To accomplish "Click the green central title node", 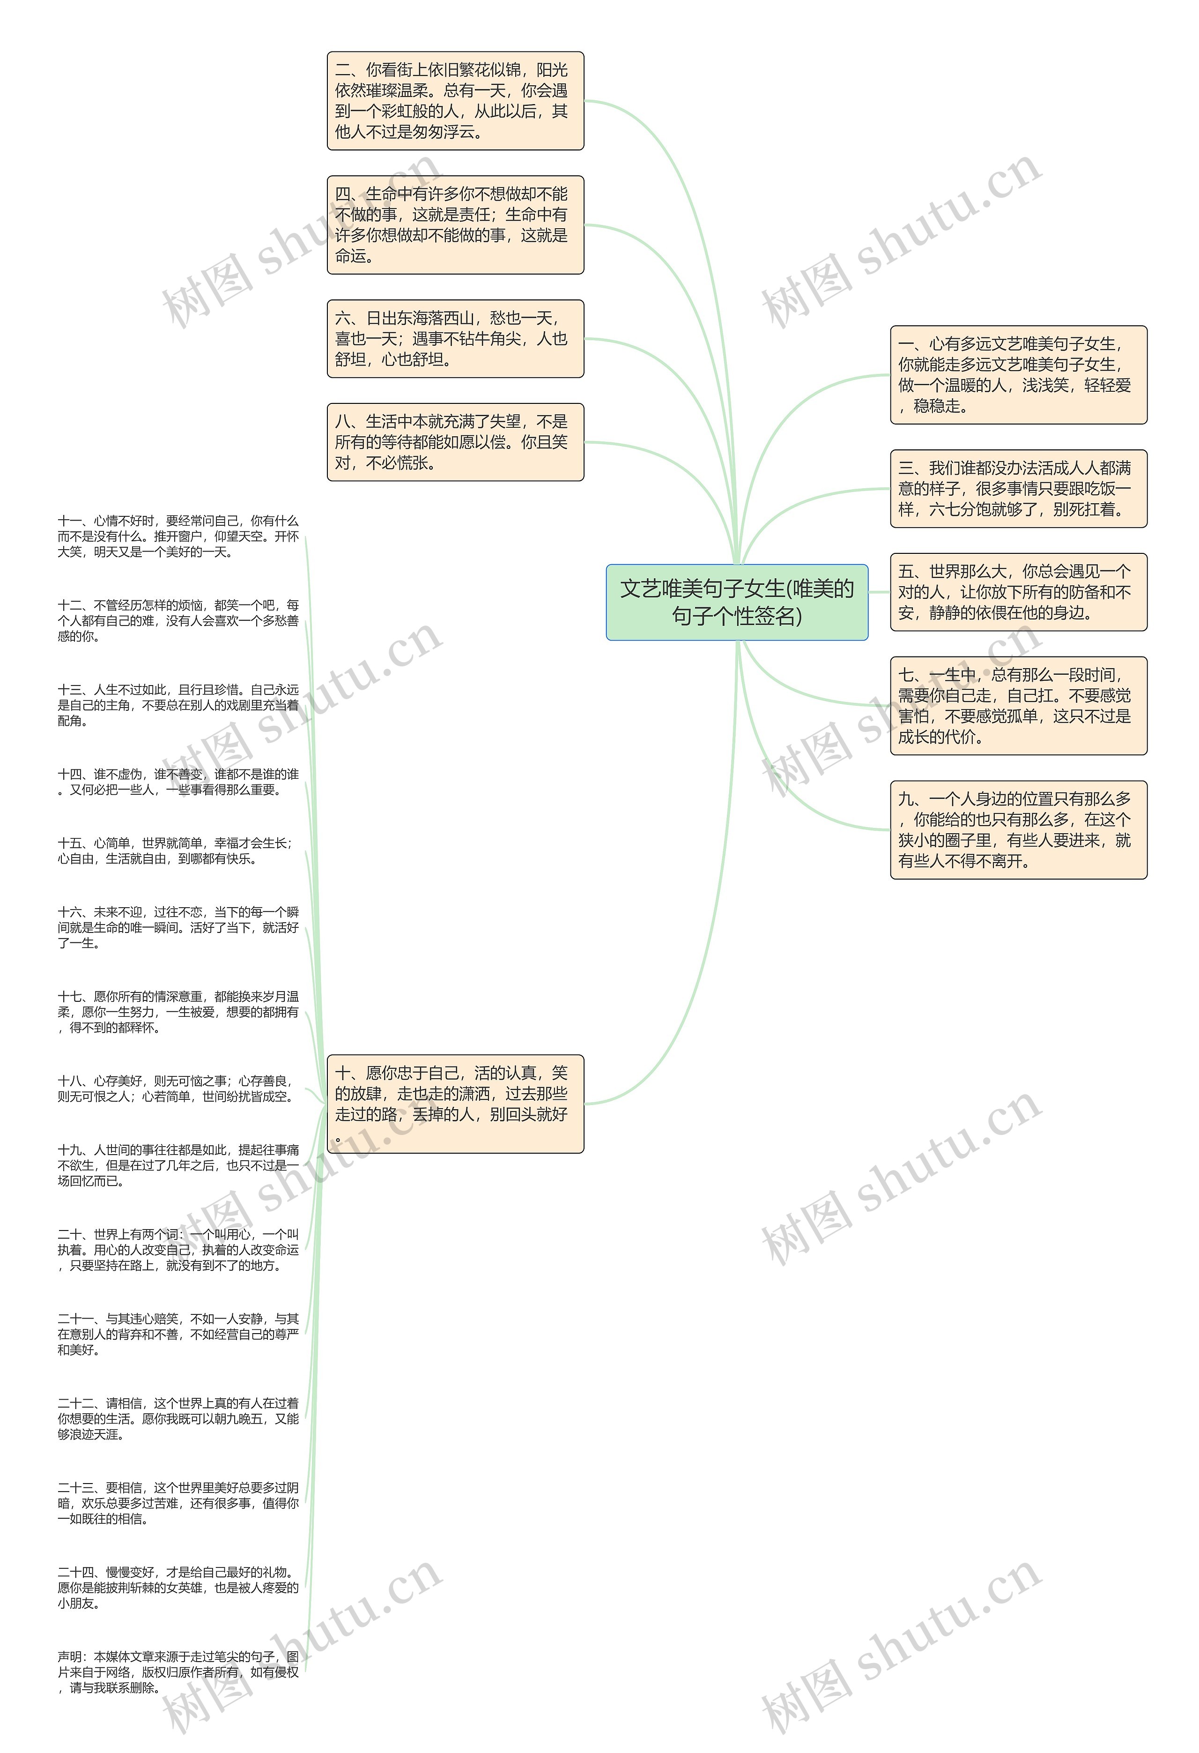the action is (737, 602).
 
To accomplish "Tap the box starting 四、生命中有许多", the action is (455, 225).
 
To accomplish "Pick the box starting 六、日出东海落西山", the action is (455, 339).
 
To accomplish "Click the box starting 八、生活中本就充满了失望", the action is (455, 442).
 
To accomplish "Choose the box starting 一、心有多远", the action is (1018, 375).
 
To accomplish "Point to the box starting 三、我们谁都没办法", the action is (1018, 489).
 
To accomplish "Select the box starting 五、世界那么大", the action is (1018, 592).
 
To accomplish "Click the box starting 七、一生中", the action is (1018, 706).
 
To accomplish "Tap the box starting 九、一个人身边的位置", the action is (1018, 830).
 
